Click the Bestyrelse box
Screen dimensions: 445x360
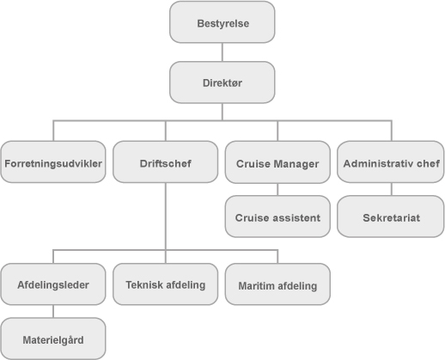click(222, 22)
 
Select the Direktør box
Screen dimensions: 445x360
click(222, 82)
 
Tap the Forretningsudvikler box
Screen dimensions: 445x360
click(53, 162)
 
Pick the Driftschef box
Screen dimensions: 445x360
click(166, 162)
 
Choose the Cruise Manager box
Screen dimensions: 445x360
click(277, 162)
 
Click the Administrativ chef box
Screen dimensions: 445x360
click(391, 162)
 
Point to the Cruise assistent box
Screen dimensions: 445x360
click(277, 217)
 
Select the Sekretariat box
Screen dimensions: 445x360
click(391, 217)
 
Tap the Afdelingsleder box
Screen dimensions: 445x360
click(53, 284)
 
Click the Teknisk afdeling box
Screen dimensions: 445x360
click(166, 284)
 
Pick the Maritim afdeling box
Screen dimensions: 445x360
click(277, 284)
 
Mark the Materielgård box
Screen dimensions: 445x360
click(53, 339)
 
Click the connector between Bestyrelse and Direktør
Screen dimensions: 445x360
click(222, 52)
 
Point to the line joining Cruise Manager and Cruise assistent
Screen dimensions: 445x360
click(277, 189)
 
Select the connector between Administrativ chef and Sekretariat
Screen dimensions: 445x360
click(392, 189)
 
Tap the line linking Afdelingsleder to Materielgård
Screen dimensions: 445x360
click(53, 311)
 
